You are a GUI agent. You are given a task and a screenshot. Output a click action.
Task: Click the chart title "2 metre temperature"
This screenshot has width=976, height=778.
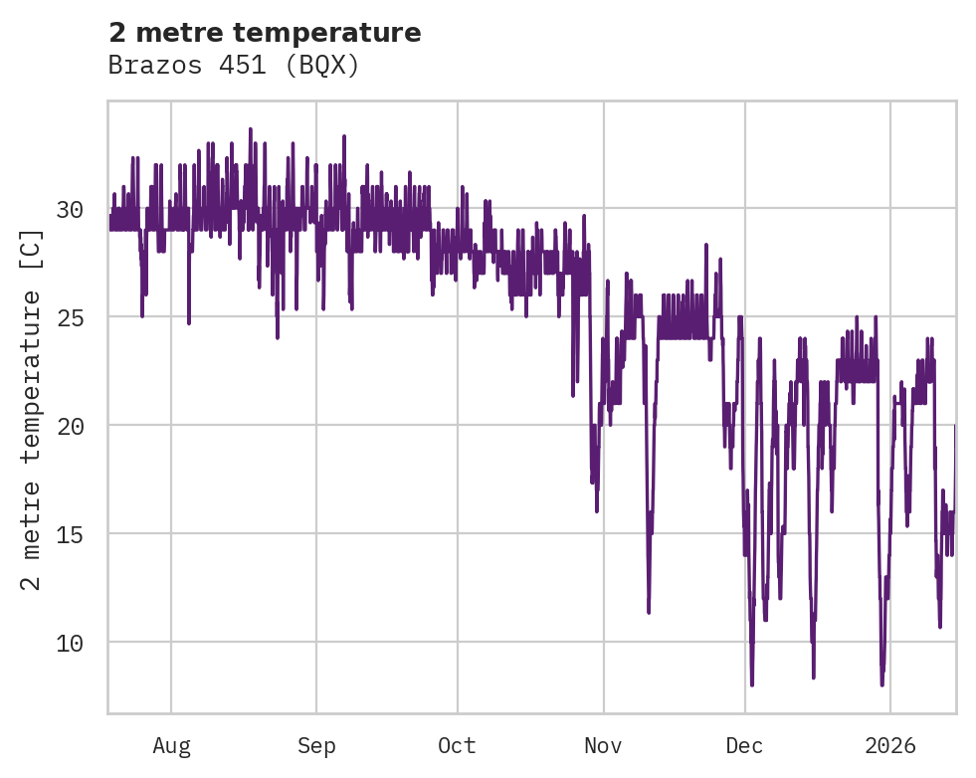pyautogui.click(x=265, y=33)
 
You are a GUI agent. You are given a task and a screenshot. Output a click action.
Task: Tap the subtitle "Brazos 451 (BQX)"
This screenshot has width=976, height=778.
pyautogui.click(x=233, y=66)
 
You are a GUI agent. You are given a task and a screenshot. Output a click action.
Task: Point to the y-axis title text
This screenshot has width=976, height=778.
pyautogui.click(x=32, y=410)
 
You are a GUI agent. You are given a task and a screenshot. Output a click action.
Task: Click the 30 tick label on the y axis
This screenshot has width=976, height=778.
pyautogui.click(x=69, y=209)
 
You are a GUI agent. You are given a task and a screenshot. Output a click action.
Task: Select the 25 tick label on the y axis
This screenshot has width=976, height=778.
pyautogui.click(x=69, y=317)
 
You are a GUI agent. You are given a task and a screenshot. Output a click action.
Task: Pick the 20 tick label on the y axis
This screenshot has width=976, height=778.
pyautogui.click(x=69, y=426)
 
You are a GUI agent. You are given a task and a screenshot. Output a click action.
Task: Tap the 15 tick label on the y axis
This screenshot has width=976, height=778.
pyautogui.click(x=69, y=534)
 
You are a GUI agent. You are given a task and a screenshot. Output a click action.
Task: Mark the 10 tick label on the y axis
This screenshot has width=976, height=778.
pyautogui.click(x=69, y=643)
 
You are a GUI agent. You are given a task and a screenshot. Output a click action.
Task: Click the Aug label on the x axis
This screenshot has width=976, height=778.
pyautogui.click(x=171, y=745)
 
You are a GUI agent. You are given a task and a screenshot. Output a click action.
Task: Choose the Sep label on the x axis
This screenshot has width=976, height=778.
pyautogui.click(x=316, y=745)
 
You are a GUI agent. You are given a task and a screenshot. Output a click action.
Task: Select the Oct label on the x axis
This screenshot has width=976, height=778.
pyautogui.click(x=458, y=745)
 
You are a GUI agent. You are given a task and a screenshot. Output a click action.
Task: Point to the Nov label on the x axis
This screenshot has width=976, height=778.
pyautogui.click(x=603, y=745)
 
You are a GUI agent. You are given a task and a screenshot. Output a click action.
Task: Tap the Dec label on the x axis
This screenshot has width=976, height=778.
pyautogui.click(x=744, y=745)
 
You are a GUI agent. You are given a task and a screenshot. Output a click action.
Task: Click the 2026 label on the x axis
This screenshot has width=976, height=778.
pyautogui.click(x=889, y=745)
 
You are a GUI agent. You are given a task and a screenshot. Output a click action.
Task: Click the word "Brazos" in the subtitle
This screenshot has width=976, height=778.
pyautogui.click(x=144, y=66)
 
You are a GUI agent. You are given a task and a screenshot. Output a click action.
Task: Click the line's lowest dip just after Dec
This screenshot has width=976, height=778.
pyautogui.click(x=752, y=683)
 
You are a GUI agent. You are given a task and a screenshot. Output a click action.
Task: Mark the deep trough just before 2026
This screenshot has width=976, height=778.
pyautogui.click(x=881, y=683)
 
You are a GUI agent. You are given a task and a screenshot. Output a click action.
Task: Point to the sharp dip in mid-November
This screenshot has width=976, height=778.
pyautogui.click(x=649, y=611)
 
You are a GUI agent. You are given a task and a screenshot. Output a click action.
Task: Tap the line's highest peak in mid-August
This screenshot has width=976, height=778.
pyautogui.click(x=251, y=129)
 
